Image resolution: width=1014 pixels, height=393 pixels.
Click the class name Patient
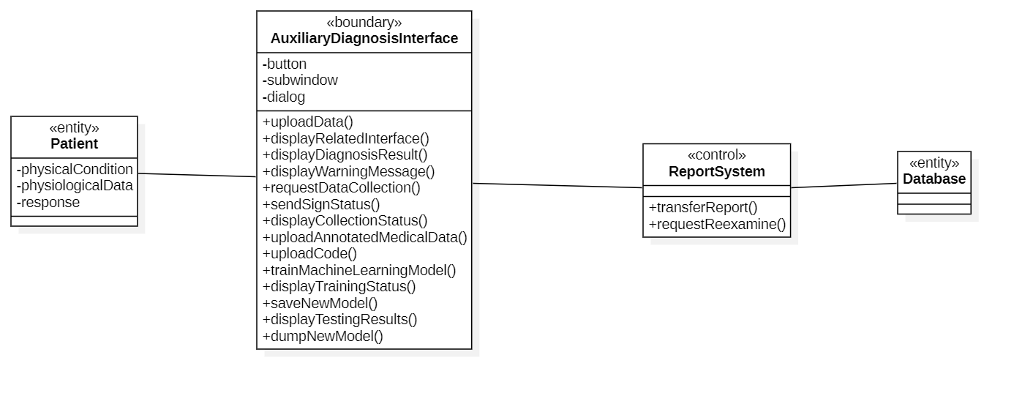click(x=74, y=143)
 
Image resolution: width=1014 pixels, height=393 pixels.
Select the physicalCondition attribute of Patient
click(x=75, y=169)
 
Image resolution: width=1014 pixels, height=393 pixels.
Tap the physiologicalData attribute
click(x=75, y=186)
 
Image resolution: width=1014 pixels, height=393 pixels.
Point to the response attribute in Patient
click(x=48, y=203)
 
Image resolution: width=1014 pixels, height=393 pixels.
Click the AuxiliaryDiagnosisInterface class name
click(x=364, y=39)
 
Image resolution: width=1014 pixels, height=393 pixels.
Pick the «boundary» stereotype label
click(x=364, y=22)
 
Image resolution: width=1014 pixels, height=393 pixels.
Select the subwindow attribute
click(x=300, y=81)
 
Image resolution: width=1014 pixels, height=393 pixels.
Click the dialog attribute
click(x=284, y=97)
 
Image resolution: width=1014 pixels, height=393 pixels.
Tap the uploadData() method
click(x=308, y=121)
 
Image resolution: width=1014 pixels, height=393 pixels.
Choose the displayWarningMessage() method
click(x=348, y=171)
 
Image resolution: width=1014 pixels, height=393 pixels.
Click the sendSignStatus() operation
click(x=321, y=205)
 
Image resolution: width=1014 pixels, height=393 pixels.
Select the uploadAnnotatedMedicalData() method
click(x=365, y=237)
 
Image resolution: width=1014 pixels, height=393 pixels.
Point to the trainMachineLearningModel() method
click(x=359, y=270)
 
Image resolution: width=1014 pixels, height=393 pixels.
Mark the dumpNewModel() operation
click(x=323, y=337)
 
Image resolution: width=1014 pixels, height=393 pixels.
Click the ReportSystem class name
click(x=716, y=171)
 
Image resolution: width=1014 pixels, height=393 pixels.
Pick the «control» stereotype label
click(x=716, y=155)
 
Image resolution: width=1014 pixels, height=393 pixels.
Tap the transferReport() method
click(x=703, y=207)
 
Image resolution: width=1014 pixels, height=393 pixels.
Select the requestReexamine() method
click(x=718, y=224)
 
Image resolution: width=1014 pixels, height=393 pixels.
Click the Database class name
click(x=934, y=179)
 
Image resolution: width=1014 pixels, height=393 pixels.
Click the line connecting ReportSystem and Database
click(x=844, y=186)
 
